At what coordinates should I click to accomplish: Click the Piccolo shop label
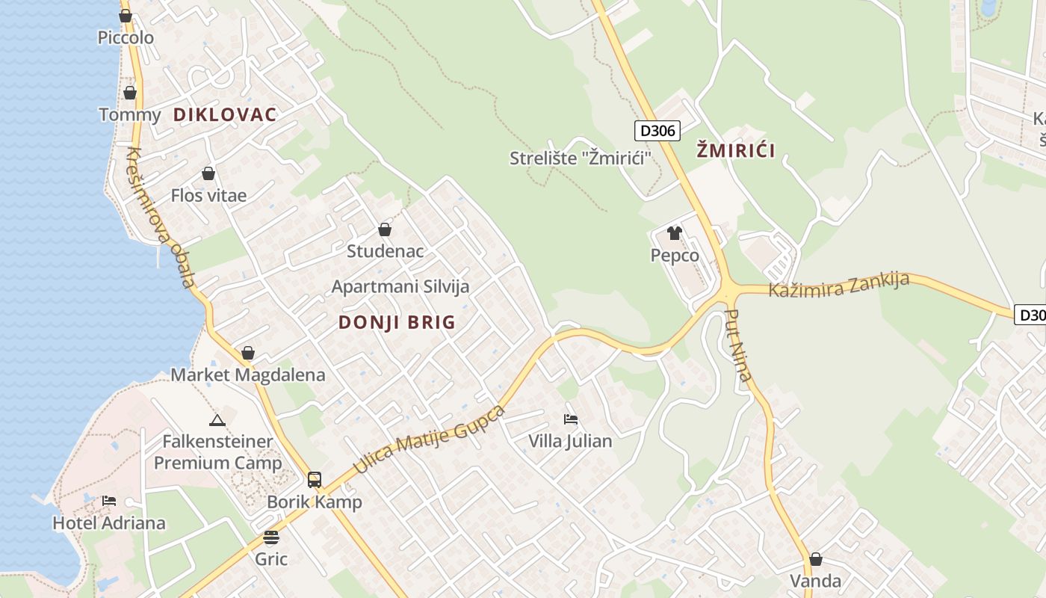tap(126, 37)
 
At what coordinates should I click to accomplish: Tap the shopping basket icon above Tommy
tap(130, 93)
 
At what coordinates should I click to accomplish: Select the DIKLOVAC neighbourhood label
tap(225, 114)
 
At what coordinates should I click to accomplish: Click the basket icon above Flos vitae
tap(208, 173)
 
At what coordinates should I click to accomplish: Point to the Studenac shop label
tap(385, 251)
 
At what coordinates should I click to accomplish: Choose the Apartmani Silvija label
tap(400, 286)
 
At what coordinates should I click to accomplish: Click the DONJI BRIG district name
tap(397, 322)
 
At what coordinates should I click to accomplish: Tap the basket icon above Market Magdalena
tap(248, 353)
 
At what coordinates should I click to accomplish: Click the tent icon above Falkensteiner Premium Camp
tap(217, 420)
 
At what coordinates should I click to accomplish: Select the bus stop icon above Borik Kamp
tap(315, 480)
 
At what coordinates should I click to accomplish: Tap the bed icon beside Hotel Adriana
tap(109, 500)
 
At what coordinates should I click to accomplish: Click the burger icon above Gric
tap(271, 537)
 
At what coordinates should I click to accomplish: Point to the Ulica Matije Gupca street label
tap(429, 440)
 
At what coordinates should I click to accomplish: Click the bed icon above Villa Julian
tap(571, 419)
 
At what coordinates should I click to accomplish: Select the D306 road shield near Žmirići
tap(657, 131)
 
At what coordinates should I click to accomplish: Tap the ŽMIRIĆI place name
tap(736, 150)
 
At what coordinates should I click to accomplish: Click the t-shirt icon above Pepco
tap(675, 233)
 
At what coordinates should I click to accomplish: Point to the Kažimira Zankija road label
tap(839, 285)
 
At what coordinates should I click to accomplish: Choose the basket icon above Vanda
tap(816, 559)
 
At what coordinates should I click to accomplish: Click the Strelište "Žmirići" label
tap(581, 158)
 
